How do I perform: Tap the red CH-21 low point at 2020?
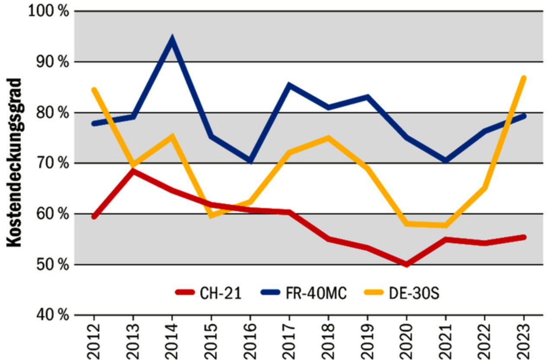(406, 264)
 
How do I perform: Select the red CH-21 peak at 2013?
(133, 171)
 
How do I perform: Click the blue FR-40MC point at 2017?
(289, 85)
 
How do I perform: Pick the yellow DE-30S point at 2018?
(328, 138)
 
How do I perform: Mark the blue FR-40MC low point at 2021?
(445, 161)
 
